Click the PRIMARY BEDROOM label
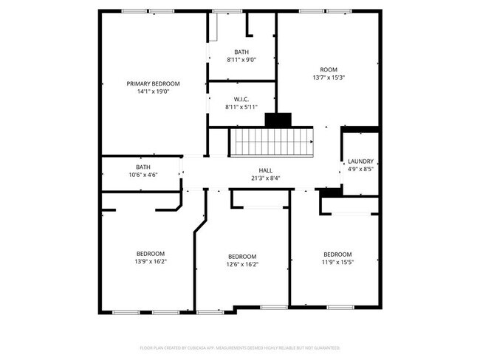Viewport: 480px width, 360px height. pyautogui.click(x=153, y=83)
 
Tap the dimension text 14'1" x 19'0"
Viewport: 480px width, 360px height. pyautogui.click(x=153, y=91)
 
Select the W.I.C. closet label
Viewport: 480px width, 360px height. pyautogui.click(x=241, y=99)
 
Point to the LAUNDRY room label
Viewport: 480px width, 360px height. pyautogui.click(x=360, y=161)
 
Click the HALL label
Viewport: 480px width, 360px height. pyautogui.click(x=265, y=170)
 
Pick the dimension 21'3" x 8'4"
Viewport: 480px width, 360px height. pyautogui.click(x=265, y=178)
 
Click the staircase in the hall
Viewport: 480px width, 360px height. pyautogui.click(x=270, y=140)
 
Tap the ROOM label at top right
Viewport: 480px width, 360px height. pyautogui.click(x=329, y=69)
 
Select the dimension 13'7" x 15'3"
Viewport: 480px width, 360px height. pyautogui.click(x=329, y=77)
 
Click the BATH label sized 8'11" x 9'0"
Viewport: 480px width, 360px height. pyautogui.click(x=241, y=52)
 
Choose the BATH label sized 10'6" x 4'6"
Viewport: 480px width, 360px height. pyautogui.click(x=143, y=167)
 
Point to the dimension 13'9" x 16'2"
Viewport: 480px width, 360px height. pyautogui.click(x=150, y=261)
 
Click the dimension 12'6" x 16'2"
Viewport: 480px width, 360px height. pyautogui.click(x=241, y=264)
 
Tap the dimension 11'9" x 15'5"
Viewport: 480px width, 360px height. pyautogui.click(x=337, y=261)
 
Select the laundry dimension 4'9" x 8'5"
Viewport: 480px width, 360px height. pyautogui.click(x=360, y=169)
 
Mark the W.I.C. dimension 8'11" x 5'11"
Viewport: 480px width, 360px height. pyautogui.click(x=241, y=107)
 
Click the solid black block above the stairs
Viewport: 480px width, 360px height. pyautogui.click(x=278, y=120)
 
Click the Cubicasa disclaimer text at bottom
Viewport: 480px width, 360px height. pyautogui.click(x=240, y=347)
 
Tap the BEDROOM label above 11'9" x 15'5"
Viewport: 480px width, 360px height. pyautogui.click(x=337, y=253)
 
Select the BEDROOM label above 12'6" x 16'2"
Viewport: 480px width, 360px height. pyautogui.click(x=241, y=256)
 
